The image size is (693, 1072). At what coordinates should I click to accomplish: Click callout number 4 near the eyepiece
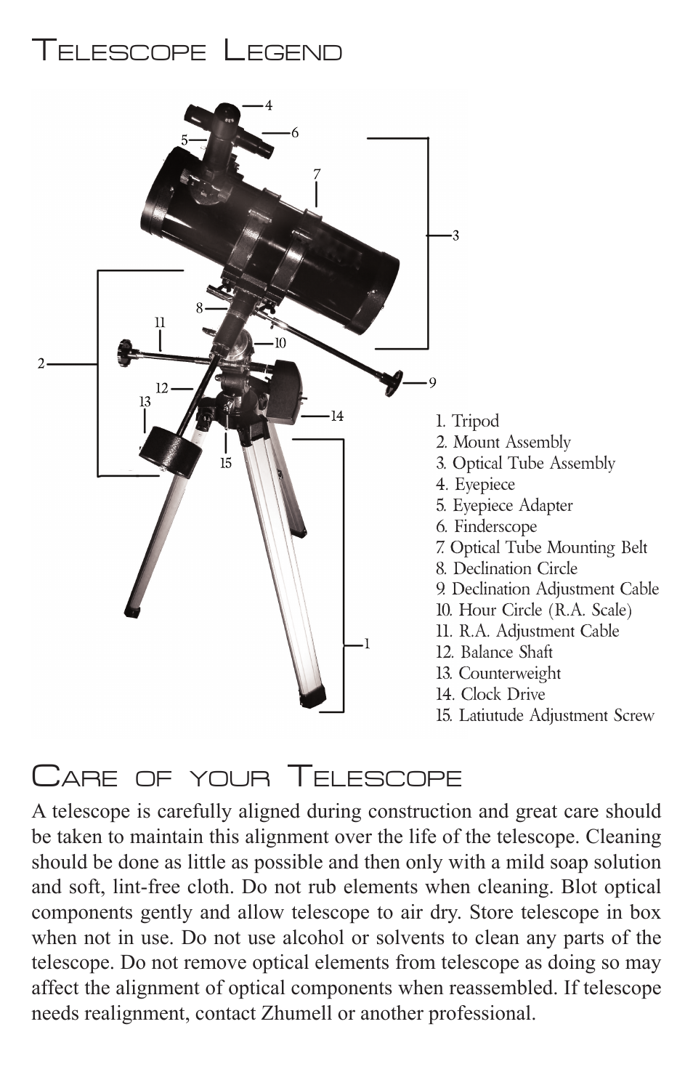[269, 106]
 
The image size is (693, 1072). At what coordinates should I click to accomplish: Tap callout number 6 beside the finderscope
[295, 133]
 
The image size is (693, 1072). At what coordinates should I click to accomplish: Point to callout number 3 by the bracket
[455, 235]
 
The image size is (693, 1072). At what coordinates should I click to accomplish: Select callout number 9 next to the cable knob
[432, 382]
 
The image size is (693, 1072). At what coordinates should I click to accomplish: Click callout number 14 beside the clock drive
[337, 416]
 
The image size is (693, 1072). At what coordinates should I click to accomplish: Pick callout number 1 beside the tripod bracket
[367, 644]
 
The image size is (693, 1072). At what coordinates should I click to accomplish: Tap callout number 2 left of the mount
[41, 363]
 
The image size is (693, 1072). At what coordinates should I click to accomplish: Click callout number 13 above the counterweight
[145, 401]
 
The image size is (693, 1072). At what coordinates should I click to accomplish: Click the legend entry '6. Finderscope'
[487, 526]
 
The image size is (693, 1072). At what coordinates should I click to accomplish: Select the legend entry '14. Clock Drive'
[490, 694]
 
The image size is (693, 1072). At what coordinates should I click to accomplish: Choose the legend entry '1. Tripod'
[468, 421]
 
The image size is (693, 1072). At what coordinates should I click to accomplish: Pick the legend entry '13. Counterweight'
[498, 673]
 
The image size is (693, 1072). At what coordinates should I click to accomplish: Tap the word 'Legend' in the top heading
[283, 52]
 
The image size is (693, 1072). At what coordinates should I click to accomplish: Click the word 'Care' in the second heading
[75, 777]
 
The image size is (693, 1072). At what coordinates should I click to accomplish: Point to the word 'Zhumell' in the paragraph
[296, 1013]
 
